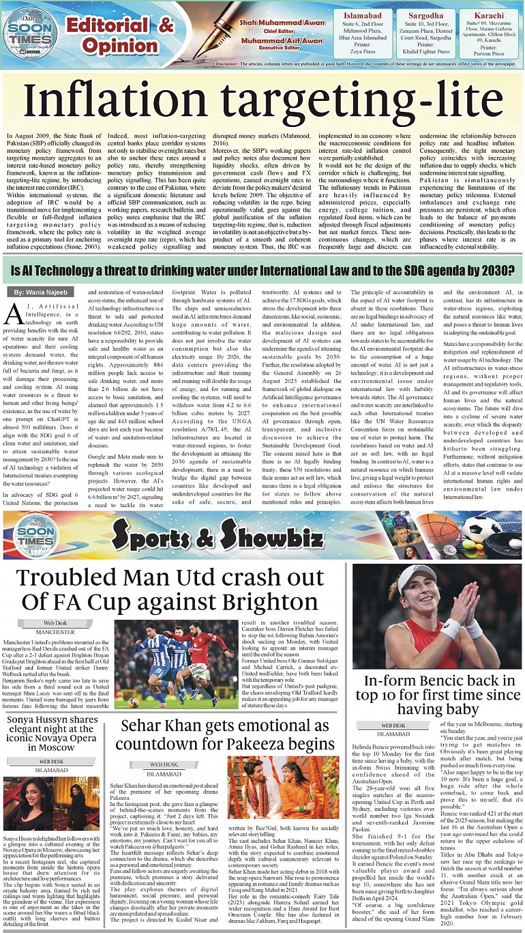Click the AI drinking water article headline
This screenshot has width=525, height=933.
(262, 274)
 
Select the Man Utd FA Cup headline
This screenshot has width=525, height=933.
(170, 589)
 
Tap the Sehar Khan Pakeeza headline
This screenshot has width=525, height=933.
(227, 734)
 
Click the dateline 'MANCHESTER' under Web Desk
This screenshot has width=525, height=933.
(55, 632)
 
